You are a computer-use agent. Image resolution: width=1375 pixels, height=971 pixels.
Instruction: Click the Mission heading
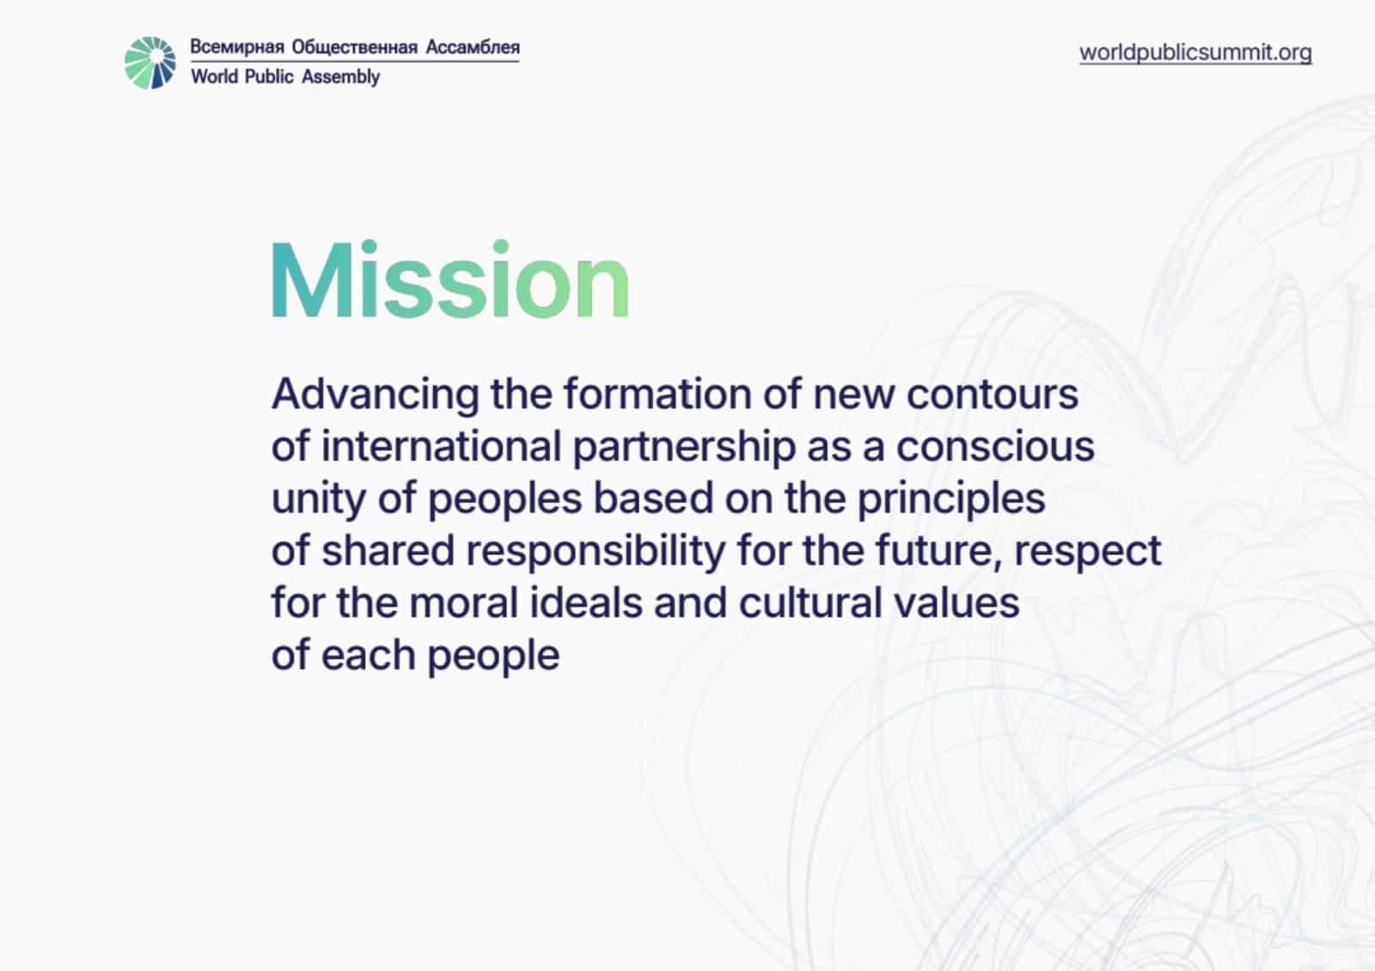450,279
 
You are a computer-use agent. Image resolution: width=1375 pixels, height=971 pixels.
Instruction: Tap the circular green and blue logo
150,63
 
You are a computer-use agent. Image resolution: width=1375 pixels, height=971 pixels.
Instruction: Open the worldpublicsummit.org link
1195,52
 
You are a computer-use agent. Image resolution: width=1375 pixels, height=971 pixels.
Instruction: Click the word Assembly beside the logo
340,77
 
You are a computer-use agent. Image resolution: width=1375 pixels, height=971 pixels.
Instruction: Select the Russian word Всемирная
237,47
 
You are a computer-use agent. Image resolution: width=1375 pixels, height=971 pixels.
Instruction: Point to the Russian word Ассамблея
473,47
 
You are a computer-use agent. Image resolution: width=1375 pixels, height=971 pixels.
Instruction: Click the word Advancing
375,394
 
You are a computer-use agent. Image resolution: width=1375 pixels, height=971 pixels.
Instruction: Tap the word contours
992,394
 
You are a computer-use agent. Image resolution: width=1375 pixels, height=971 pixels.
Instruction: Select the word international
442,446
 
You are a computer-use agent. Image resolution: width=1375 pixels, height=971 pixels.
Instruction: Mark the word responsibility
596,552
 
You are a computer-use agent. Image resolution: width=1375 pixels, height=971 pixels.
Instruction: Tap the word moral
463,603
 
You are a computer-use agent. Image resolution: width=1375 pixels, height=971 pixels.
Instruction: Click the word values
956,603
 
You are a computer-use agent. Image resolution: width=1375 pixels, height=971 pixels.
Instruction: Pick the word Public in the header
268,76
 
